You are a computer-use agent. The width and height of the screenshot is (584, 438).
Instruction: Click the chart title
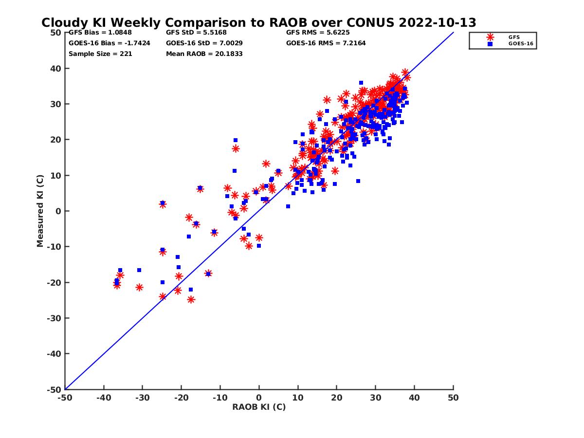coord(258,23)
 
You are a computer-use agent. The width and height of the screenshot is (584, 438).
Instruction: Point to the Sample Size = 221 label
coord(100,54)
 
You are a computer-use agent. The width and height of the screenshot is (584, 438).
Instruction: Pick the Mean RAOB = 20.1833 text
coord(204,54)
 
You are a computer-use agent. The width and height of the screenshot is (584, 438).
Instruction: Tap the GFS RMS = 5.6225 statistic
coord(318,33)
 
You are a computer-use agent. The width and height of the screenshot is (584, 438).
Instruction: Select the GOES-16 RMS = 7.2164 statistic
coord(326,43)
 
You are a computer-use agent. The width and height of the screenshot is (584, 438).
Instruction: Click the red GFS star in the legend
coord(490,37)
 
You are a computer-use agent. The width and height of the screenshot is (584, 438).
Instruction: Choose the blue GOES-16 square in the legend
coord(490,44)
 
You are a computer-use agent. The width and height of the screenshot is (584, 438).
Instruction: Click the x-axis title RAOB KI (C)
coord(259,407)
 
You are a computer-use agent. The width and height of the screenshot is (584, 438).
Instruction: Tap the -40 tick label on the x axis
coord(104,398)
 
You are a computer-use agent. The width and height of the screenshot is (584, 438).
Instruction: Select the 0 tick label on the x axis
coord(259,398)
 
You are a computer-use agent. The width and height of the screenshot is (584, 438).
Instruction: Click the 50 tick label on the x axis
coord(454,398)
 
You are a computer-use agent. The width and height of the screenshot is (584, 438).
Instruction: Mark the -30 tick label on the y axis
coord(54,318)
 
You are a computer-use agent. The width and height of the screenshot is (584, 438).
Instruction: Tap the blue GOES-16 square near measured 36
coord(361,83)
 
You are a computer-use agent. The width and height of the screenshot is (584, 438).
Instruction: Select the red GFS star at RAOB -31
coord(139,288)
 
